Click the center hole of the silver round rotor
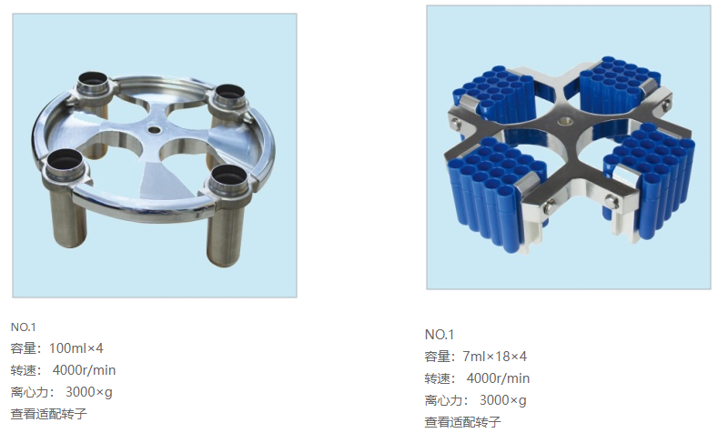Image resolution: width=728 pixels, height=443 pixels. tap(154, 130)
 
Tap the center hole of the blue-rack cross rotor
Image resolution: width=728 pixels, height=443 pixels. tap(565, 122)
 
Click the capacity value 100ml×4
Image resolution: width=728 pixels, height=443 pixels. tap(76, 348)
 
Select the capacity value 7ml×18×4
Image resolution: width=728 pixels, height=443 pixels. tap(495, 357)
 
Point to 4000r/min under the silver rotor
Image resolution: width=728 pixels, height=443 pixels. tap(84, 370)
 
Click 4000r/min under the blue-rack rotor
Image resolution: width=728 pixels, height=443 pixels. tap(498, 378)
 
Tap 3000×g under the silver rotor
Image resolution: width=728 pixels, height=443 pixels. tap(88, 392)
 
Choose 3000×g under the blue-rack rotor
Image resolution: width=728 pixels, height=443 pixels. tap(503, 400)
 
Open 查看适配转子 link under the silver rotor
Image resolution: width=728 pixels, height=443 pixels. tap(49, 414)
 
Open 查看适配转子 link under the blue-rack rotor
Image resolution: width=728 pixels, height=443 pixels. tap(463, 422)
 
